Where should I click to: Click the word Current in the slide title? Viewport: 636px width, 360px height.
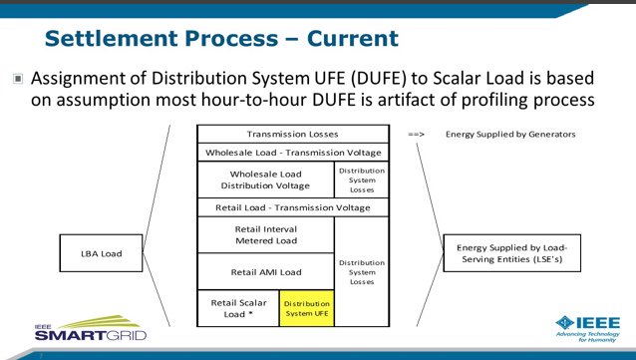pyautogui.click(x=345, y=39)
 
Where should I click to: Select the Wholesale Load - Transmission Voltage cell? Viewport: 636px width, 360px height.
pyautogui.click(x=292, y=153)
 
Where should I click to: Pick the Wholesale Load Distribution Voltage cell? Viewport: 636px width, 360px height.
pyautogui.click(x=264, y=180)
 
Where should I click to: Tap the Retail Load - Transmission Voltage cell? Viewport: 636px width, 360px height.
pyautogui.click(x=292, y=207)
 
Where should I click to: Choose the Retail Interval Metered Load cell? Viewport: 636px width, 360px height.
pyautogui.click(x=264, y=234)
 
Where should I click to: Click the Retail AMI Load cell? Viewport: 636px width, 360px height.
pyautogui.click(x=264, y=270)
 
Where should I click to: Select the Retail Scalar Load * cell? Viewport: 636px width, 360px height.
pyautogui.click(x=236, y=306)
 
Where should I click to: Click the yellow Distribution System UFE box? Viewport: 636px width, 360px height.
pyautogui.click(x=305, y=307)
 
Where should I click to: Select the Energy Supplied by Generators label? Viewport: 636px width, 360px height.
pyautogui.click(x=509, y=134)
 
